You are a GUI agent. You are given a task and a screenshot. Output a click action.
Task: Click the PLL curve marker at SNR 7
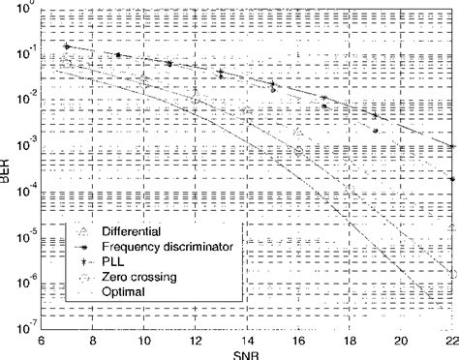[66, 45]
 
